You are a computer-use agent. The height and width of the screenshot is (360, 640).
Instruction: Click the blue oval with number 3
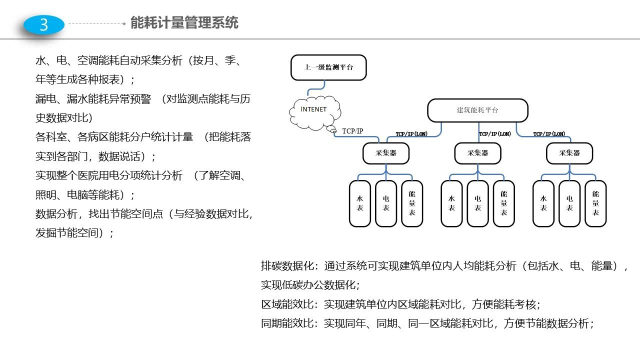click(x=44, y=25)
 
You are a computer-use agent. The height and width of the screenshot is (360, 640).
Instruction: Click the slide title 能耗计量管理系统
click(x=184, y=22)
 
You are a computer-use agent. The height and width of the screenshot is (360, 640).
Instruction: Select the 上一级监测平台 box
click(x=328, y=67)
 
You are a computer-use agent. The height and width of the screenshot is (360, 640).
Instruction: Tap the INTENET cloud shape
click(x=315, y=113)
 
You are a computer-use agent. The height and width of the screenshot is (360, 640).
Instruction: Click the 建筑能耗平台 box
click(x=477, y=110)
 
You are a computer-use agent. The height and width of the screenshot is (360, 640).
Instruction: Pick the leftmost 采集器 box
click(x=386, y=153)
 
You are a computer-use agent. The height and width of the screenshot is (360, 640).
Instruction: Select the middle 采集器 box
click(x=477, y=153)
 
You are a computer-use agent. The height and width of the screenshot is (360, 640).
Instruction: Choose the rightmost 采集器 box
click(x=569, y=153)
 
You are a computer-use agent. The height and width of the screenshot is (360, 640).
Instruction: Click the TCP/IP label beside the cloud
click(x=352, y=131)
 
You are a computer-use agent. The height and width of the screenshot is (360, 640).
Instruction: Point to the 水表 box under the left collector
click(x=360, y=203)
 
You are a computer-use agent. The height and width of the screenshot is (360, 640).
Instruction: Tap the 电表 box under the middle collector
click(x=477, y=203)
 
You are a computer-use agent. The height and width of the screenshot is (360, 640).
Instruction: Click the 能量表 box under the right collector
click(x=595, y=203)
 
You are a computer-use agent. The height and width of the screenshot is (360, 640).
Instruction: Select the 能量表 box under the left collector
click(x=412, y=203)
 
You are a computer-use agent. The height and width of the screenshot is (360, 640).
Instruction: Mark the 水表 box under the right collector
click(x=543, y=203)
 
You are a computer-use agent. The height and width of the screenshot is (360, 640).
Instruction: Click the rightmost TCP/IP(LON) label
click(x=549, y=133)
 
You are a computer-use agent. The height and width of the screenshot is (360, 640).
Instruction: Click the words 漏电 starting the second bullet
click(x=45, y=99)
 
